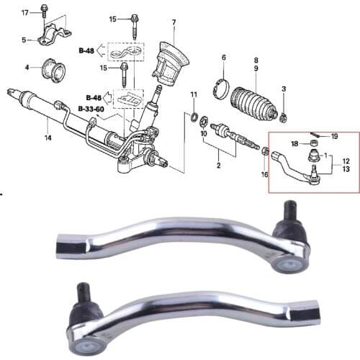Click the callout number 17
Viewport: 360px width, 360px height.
click(x=24, y=14)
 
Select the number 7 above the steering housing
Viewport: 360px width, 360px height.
click(x=174, y=22)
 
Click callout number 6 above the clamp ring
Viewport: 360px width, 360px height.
click(x=224, y=58)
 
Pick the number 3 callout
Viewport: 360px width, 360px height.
click(x=284, y=88)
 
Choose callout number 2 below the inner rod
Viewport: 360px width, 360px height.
click(x=218, y=166)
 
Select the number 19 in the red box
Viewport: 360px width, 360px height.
click(x=334, y=136)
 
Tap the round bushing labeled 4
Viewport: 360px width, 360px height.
click(x=54, y=70)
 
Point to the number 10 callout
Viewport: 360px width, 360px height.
click(x=204, y=134)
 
